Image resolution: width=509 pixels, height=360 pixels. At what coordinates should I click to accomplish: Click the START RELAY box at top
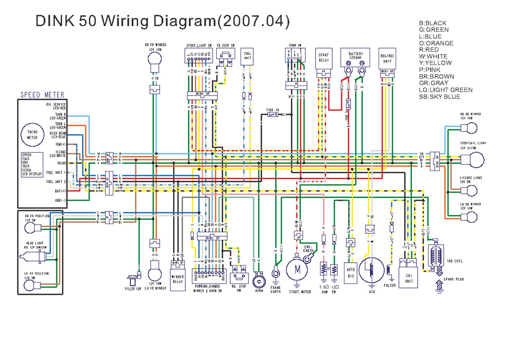tap(324, 57)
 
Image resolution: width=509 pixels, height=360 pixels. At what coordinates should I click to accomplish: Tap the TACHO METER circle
tap(32, 135)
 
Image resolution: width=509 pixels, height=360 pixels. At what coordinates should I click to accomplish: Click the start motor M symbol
tap(297, 270)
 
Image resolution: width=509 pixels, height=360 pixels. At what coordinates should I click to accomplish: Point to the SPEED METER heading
tap(42, 95)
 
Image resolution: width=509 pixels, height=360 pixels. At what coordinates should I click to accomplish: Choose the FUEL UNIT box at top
tap(247, 56)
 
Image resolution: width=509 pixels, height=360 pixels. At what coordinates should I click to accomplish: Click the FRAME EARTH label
tap(276, 289)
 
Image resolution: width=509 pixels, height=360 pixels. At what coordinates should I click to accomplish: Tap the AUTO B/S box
tap(351, 273)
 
